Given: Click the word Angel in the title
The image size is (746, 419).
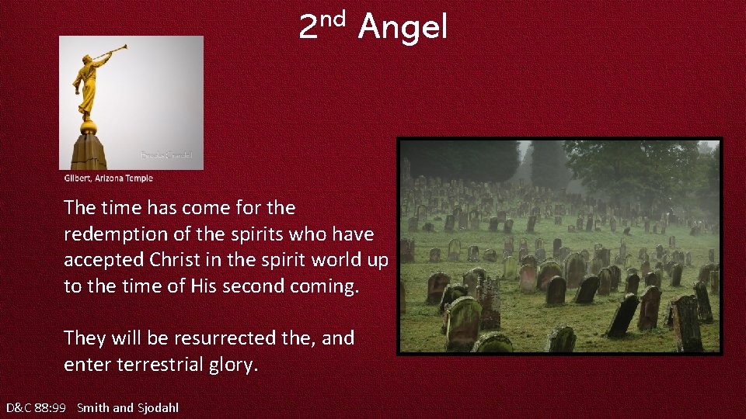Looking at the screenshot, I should [403, 29].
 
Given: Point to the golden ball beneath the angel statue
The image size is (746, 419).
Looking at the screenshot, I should [89, 126].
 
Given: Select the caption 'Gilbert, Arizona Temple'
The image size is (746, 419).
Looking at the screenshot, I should [108, 178].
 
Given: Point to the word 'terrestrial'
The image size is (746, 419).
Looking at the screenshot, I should [163, 365].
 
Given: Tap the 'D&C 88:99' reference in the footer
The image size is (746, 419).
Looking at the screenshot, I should [36, 407].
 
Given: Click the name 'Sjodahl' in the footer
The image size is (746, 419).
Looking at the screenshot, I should [158, 407].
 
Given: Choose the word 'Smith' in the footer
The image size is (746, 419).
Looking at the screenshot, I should [93, 407].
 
